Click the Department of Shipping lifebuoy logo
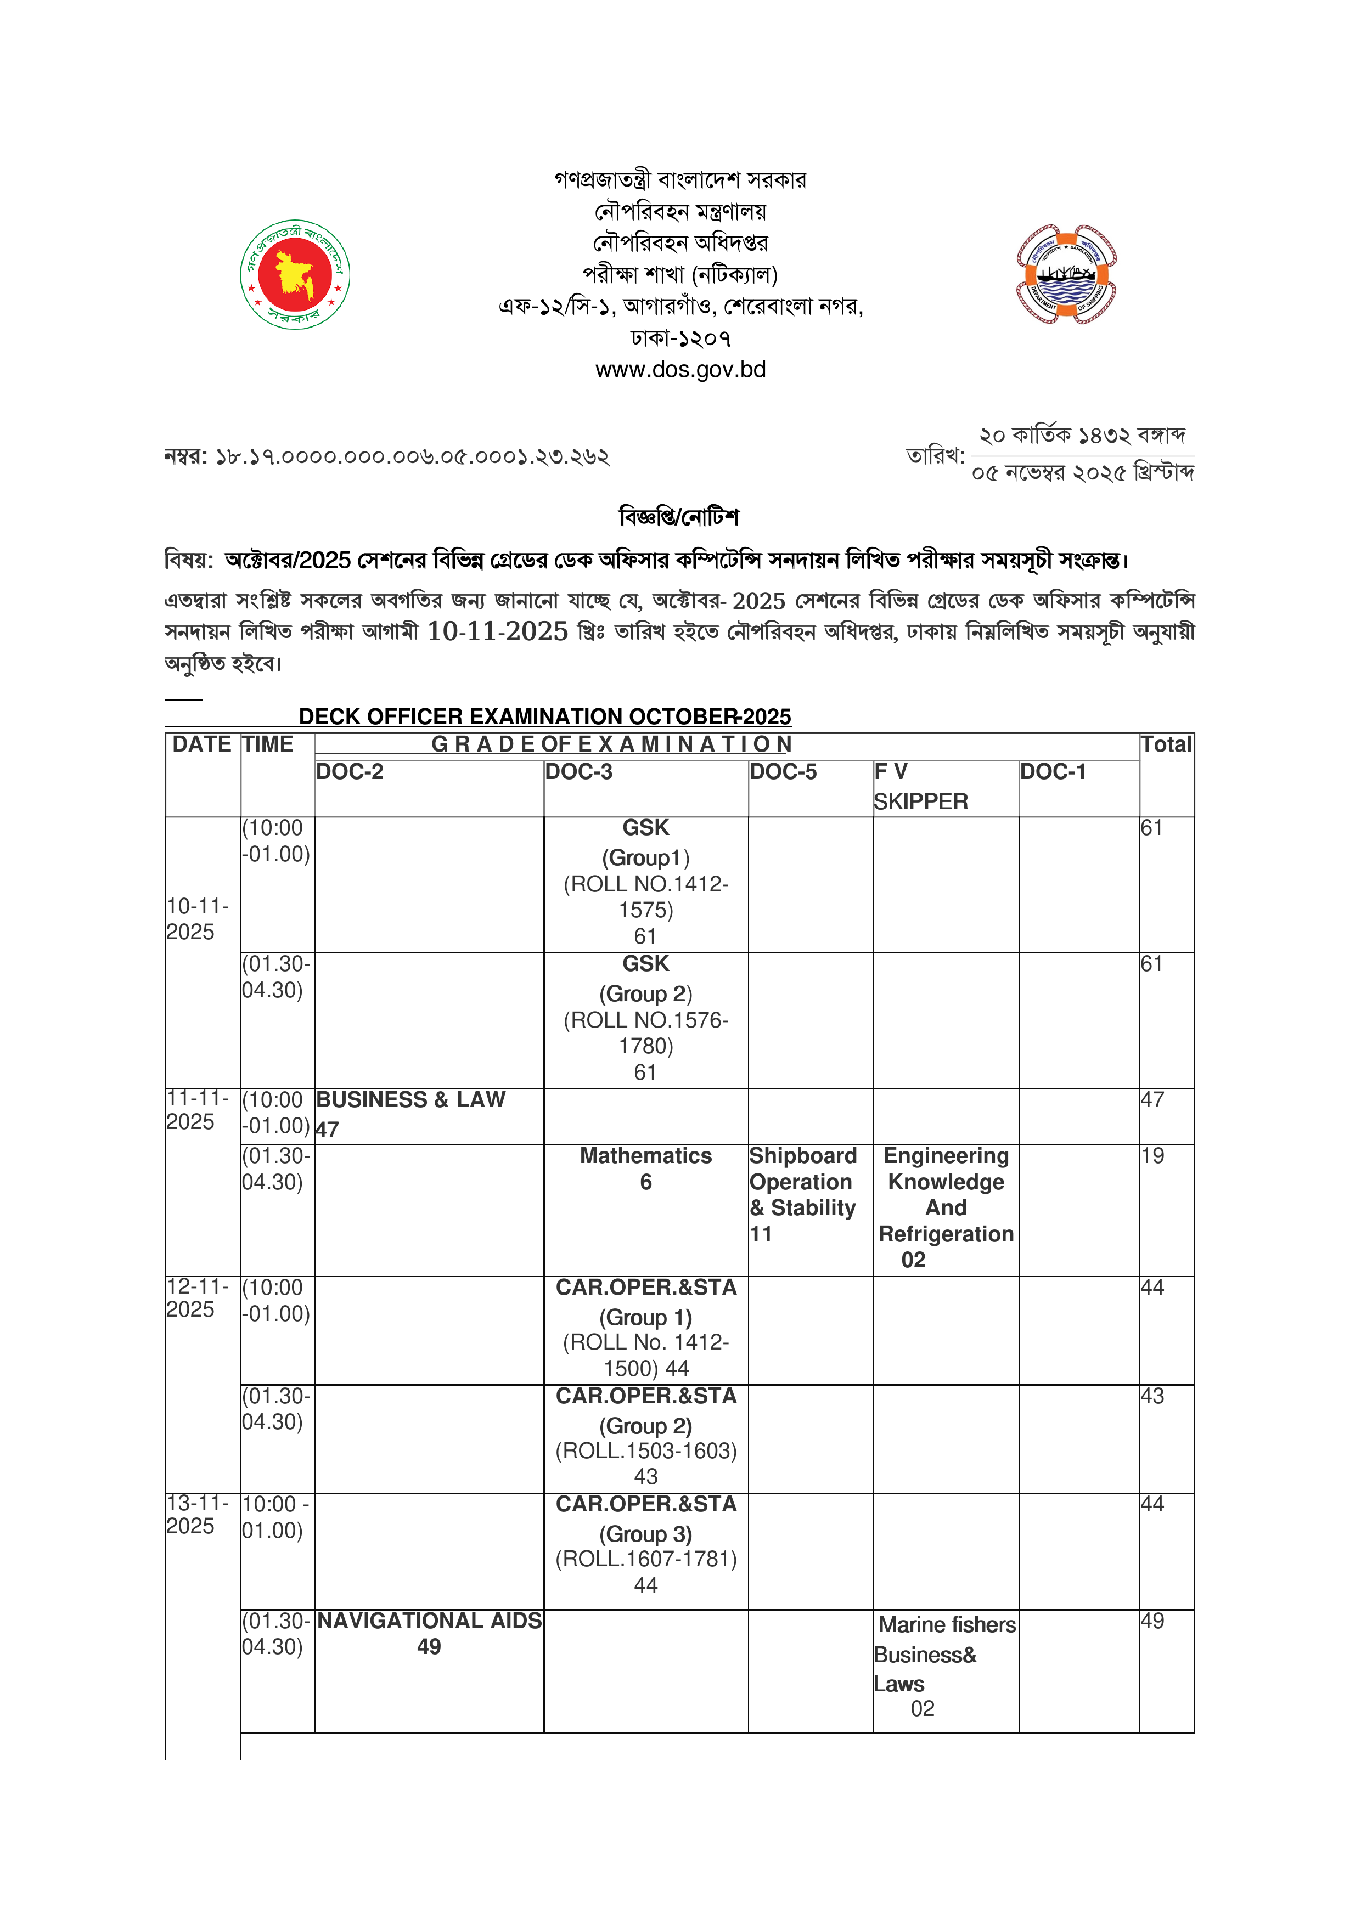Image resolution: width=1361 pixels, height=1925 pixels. click(1066, 274)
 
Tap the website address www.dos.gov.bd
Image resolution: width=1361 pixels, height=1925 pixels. click(680, 370)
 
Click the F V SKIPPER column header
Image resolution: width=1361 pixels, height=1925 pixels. click(921, 787)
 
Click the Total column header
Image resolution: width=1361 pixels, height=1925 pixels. click(1166, 744)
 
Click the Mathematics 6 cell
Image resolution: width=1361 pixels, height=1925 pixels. click(646, 1168)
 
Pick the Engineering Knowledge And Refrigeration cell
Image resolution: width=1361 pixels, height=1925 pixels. click(946, 1207)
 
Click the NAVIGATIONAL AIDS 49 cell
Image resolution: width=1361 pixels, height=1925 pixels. click(429, 1633)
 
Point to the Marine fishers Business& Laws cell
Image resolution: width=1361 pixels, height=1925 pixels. click(944, 1665)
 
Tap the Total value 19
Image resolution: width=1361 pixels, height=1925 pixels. click(1152, 1156)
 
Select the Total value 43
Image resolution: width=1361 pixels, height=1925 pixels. click(1152, 1396)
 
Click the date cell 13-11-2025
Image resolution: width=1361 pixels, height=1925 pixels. click(197, 1515)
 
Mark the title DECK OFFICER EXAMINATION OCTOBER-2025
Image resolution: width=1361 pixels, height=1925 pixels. click(545, 717)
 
